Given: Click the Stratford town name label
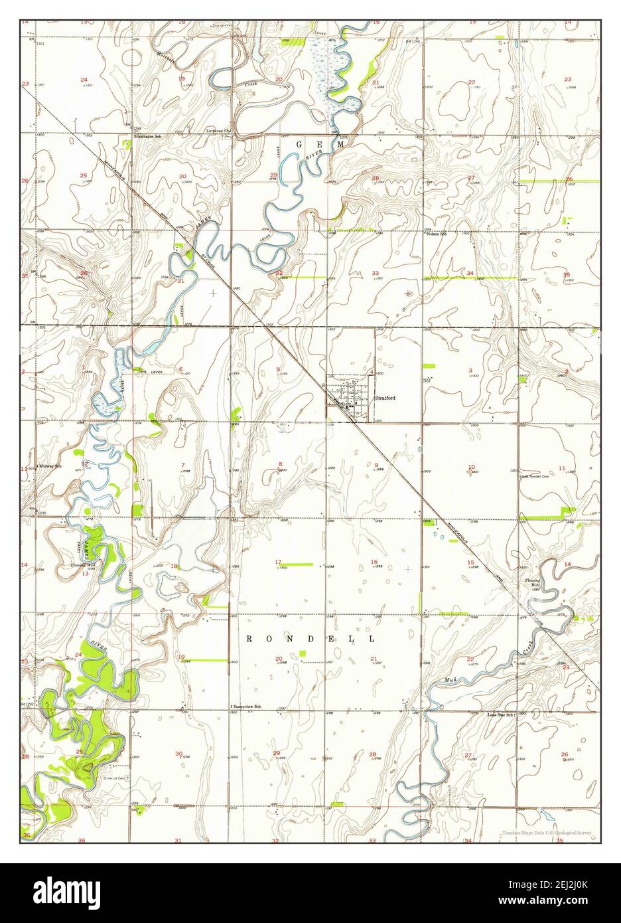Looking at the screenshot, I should tap(385, 398).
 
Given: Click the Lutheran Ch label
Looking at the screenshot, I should tap(218, 131).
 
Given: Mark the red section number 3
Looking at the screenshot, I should tap(470, 370).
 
